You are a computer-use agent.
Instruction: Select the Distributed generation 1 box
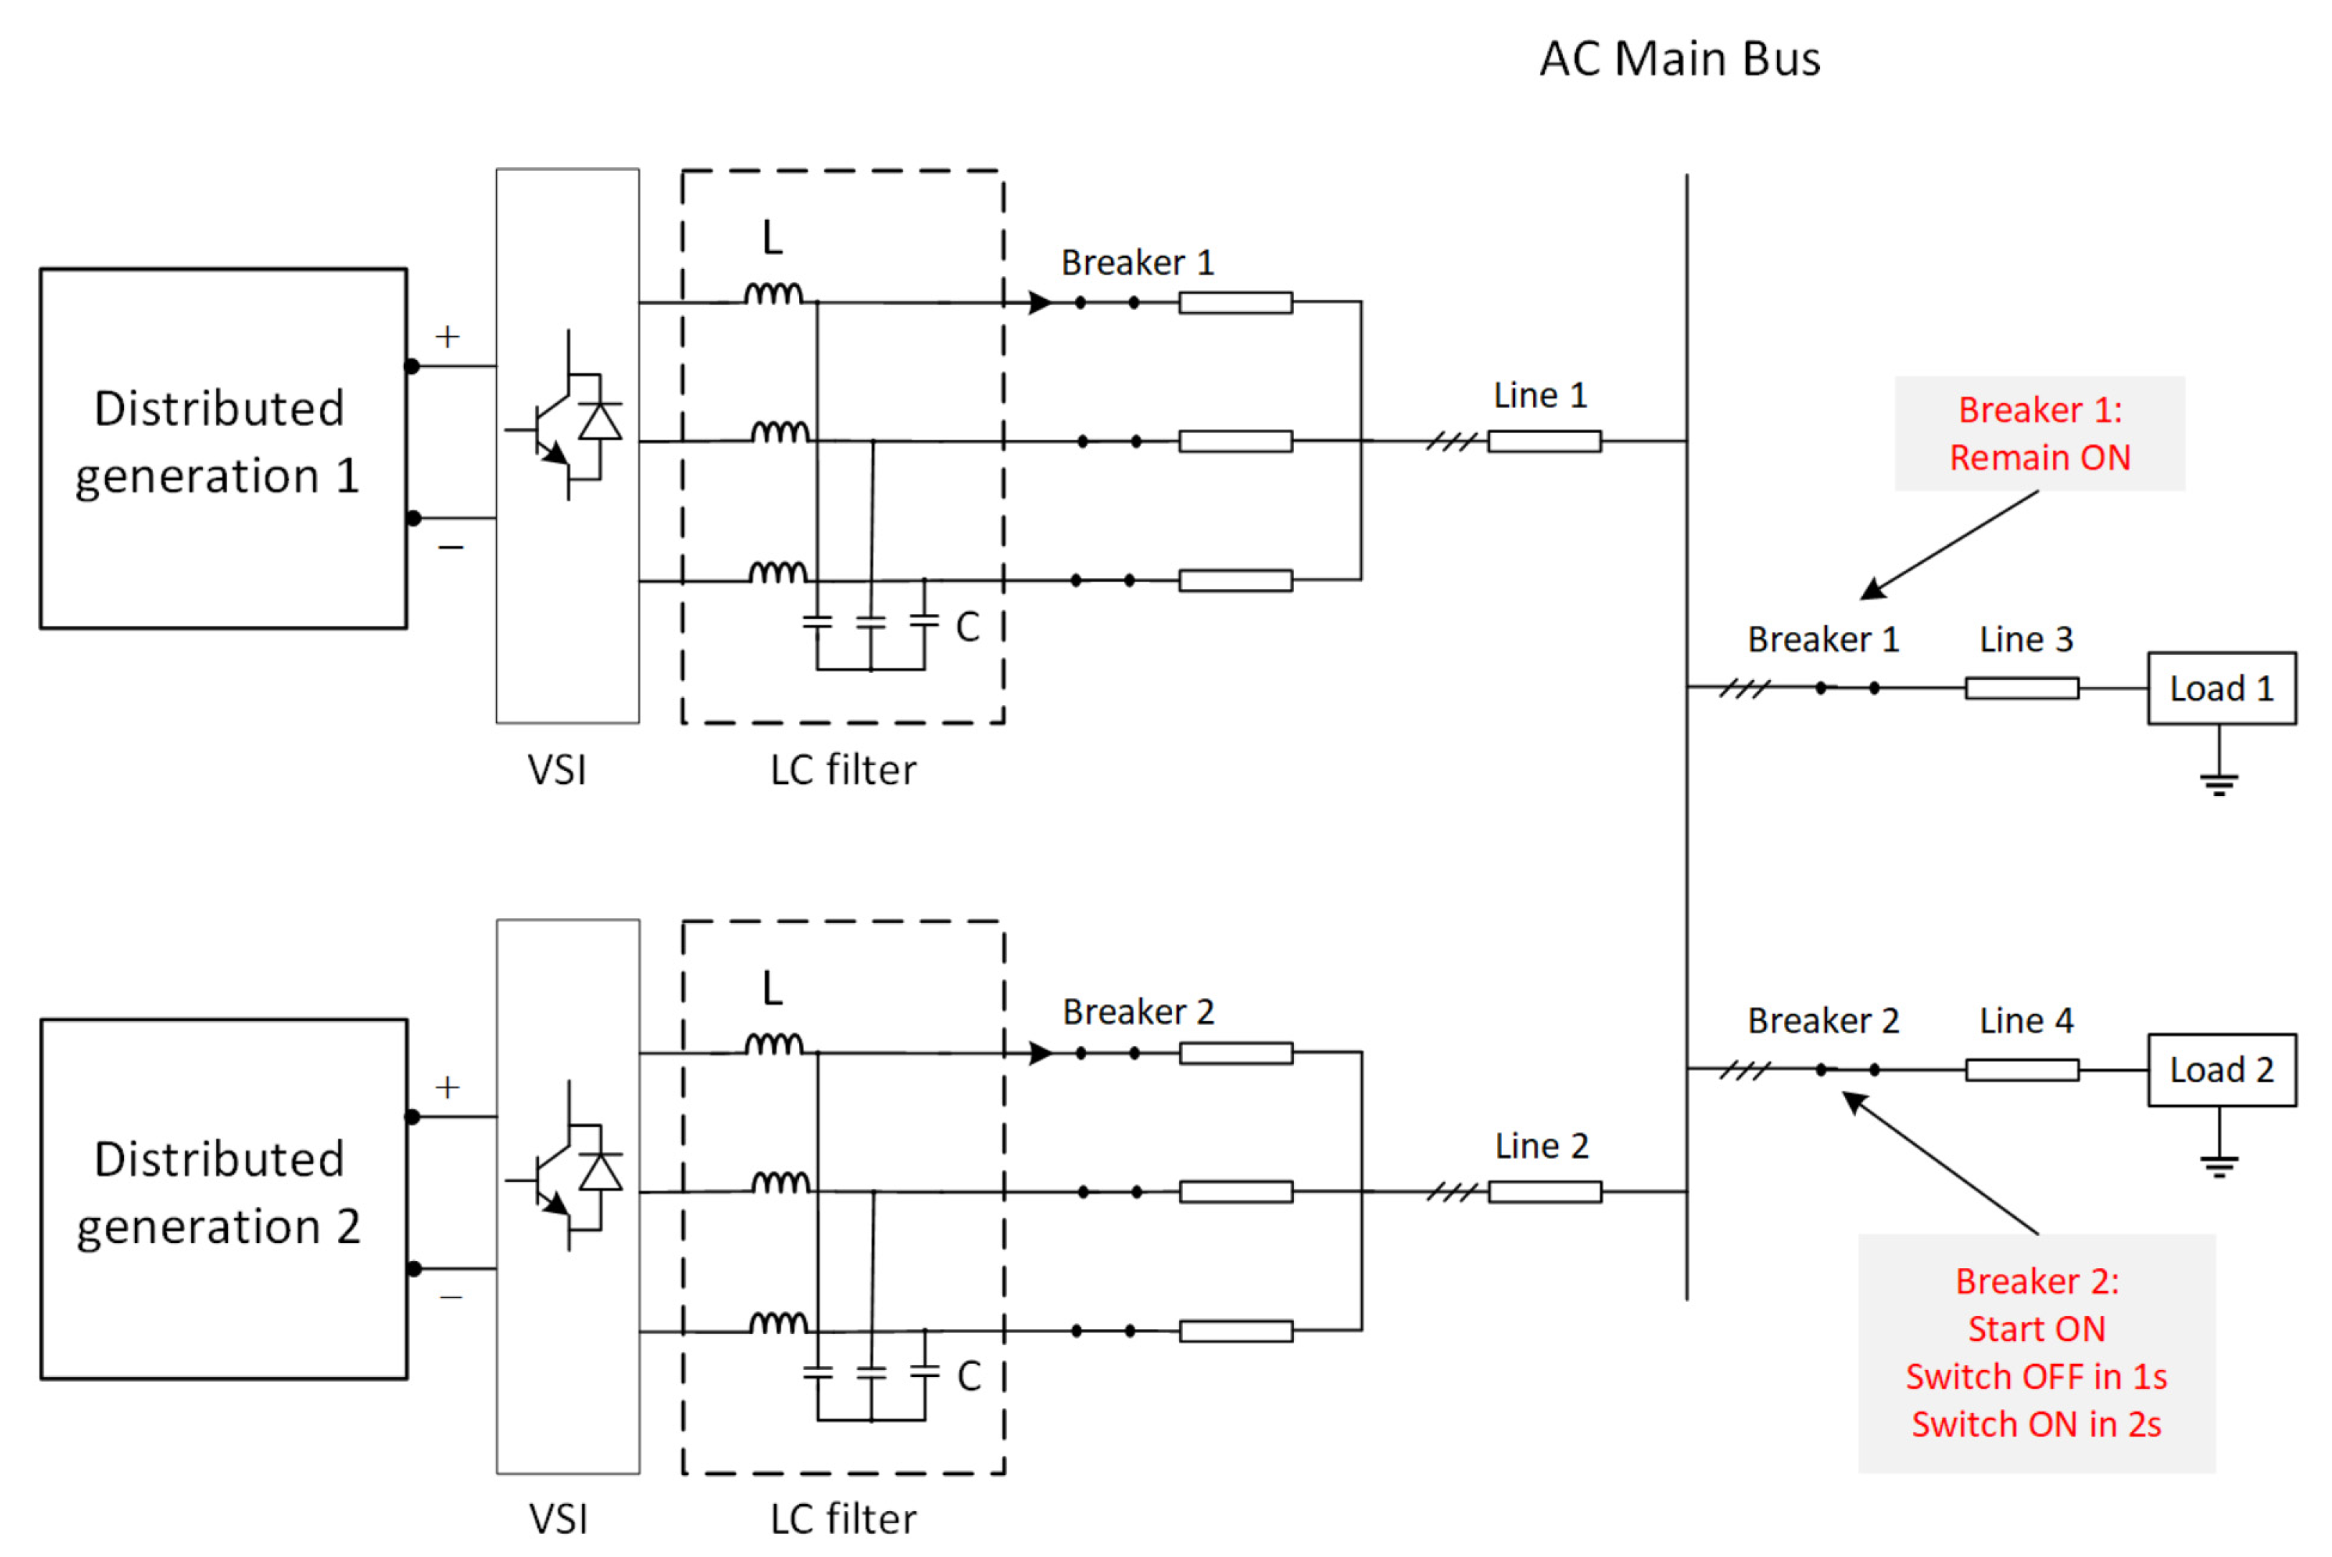click(x=224, y=448)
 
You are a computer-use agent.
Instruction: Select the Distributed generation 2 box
click(x=224, y=1198)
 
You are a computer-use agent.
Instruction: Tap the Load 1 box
click(x=2221, y=688)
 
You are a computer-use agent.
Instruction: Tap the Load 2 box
click(x=2221, y=1069)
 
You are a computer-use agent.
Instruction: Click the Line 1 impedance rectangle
click(x=1544, y=441)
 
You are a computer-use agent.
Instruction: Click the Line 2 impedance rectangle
click(x=1544, y=1191)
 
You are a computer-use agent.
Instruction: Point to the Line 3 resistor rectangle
click(x=2021, y=688)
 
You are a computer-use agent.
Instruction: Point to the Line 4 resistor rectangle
click(x=2021, y=1069)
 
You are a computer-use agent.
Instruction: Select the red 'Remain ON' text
click(x=2039, y=458)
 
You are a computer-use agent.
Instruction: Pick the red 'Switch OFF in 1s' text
click(x=2035, y=1376)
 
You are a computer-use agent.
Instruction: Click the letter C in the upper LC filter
click(x=968, y=627)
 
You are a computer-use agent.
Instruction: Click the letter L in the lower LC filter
click(x=772, y=988)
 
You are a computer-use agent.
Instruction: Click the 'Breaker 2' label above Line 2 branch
click(x=1138, y=1012)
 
